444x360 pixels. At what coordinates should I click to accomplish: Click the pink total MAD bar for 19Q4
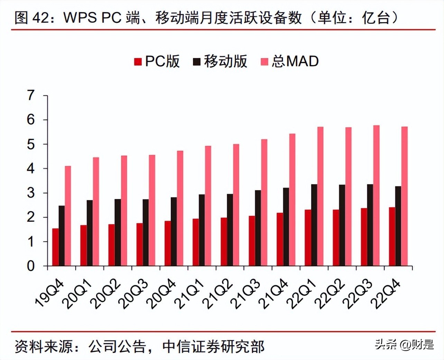click(x=68, y=216)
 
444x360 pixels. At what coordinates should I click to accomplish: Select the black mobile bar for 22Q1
click(x=314, y=225)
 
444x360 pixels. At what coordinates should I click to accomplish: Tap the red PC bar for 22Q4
click(x=392, y=237)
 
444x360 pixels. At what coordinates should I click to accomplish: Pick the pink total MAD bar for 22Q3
click(x=376, y=196)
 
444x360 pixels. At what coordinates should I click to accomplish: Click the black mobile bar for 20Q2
click(x=118, y=233)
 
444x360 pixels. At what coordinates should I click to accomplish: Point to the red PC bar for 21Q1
click(x=196, y=242)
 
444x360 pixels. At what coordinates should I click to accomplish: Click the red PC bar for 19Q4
click(x=55, y=247)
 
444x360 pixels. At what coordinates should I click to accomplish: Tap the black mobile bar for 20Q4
click(x=174, y=231)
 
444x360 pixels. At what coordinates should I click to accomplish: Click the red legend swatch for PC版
click(x=138, y=62)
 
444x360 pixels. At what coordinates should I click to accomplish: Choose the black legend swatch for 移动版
click(x=196, y=62)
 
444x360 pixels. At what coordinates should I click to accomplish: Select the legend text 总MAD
click(x=295, y=61)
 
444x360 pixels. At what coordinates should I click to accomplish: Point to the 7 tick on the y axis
click(x=31, y=95)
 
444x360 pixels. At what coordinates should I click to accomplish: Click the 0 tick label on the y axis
click(x=31, y=266)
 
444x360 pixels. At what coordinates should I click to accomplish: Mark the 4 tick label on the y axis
click(x=31, y=169)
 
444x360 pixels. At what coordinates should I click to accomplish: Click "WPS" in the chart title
click(x=80, y=17)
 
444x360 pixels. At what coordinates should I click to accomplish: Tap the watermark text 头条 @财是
click(x=404, y=344)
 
